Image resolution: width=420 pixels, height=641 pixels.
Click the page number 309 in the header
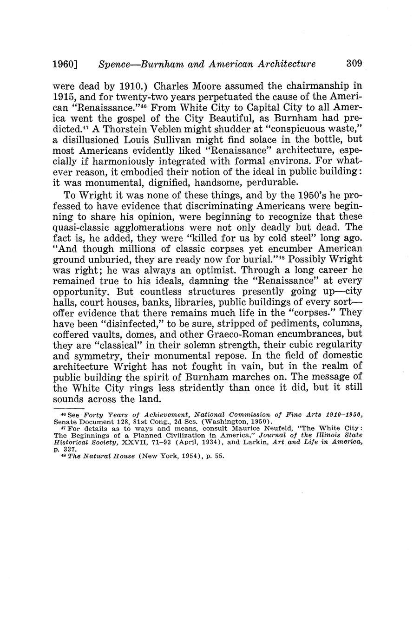(354, 64)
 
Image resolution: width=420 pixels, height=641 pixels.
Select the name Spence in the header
(115, 64)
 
